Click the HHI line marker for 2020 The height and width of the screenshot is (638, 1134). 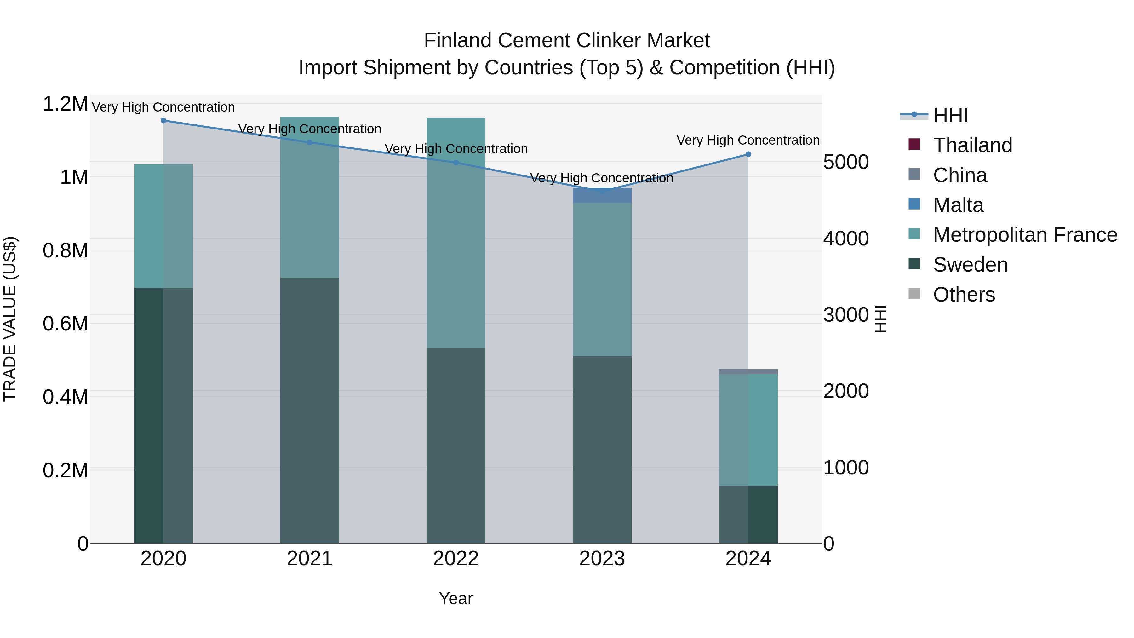(x=163, y=121)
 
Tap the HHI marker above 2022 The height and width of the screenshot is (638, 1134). (x=456, y=163)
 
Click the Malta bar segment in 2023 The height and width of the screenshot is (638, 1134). (x=602, y=195)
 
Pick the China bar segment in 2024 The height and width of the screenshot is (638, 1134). (x=748, y=372)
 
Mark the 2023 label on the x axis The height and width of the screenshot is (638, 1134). (x=602, y=559)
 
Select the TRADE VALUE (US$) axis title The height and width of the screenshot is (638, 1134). (x=10, y=319)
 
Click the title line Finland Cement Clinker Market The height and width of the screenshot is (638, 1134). (x=567, y=41)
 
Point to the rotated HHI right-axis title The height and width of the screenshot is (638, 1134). (x=880, y=319)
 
